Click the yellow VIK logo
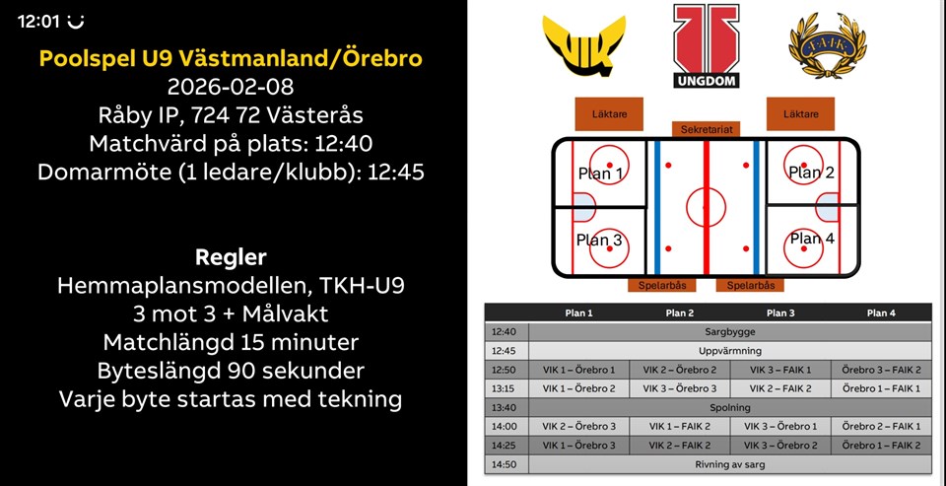click(x=584, y=45)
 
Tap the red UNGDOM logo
click(x=706, y=46)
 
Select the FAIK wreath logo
click(x=827, y=45)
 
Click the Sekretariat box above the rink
click(x=706, y=129)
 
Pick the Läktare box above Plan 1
click(x=608, y=113)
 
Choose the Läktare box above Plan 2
click(x=800, y=113)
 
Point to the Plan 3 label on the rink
click(x=598, y=240)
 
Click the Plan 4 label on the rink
click(x=812, y=239)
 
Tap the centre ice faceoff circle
click(x=706, y=207)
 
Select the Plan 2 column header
click(x=679, y=312)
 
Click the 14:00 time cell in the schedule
click(x=505, y=426)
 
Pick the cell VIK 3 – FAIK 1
click(x=780, y=370)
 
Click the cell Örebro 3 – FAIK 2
click(x=881, y=370)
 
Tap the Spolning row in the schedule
click(x=730, y=407)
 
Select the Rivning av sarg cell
click(x=730, y=464)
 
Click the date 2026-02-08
click(x=231, y=87)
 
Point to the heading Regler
click(x=231, y=258)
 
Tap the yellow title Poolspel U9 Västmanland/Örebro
click(x=231, y=58)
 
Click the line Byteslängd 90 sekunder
click(x=231, y=371)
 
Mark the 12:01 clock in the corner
click(x=39, y=22)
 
